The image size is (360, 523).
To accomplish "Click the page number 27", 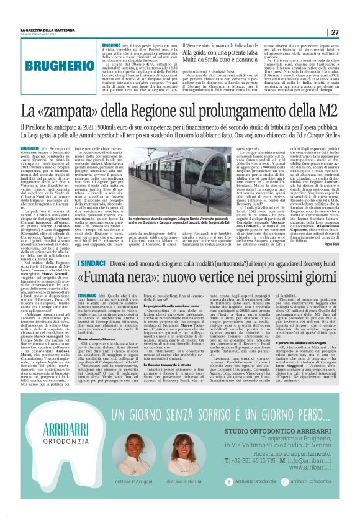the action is click(x=335, y=32).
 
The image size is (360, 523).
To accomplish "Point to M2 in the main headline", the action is click(x=325, y=112).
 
